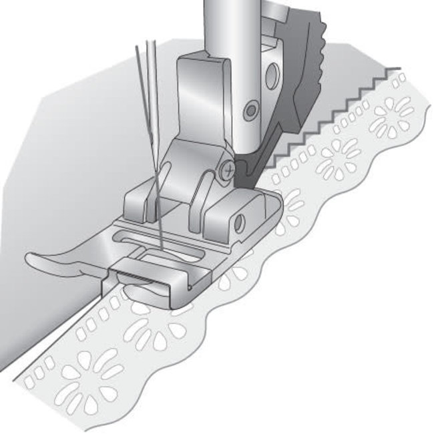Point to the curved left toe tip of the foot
point(33,258)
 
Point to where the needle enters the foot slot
point(160,248)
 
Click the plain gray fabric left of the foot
point(67,167)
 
